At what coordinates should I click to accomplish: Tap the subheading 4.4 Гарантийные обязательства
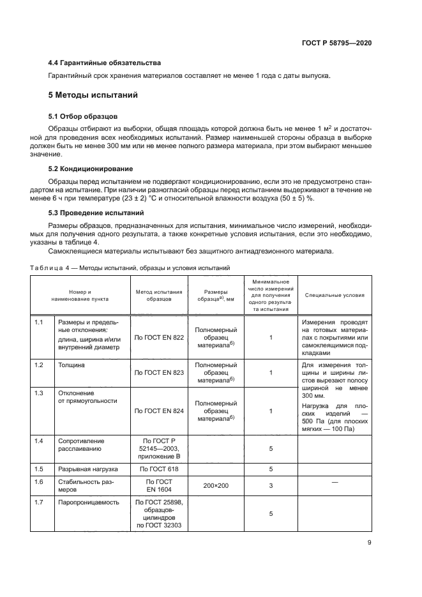(x=105, y=63)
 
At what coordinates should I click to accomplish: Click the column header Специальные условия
(x=335, y=296)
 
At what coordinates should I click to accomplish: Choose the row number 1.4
(x=38, y=441)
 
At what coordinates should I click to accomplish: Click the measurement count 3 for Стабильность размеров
(x=271, y=486)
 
